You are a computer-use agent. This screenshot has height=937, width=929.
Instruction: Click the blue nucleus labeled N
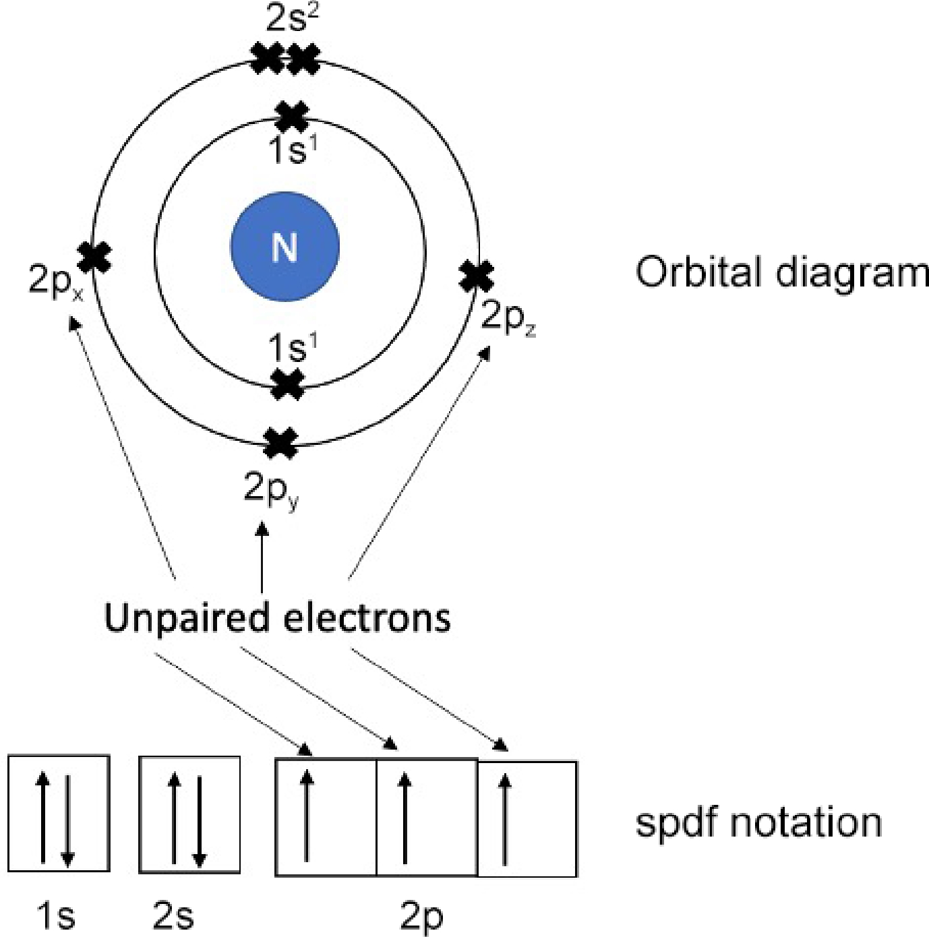pyautogui.click(x=284, y=247)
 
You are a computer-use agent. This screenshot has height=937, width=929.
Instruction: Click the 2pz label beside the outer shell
pyautogui.click(x=508, y=318)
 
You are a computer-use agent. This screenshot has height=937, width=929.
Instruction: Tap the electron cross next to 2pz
pyautogui.click(x=476, y=276)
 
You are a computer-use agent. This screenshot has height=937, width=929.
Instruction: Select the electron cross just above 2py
pyautogui.click(x=280, y=443)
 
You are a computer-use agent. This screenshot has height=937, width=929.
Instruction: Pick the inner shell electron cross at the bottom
pyautogui.click(x=287, y=384)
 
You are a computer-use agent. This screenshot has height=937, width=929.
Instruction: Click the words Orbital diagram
pyautogui.click(x=781, y=273)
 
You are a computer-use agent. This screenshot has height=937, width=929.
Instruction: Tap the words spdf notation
pyautogui.click(x=758, y=823)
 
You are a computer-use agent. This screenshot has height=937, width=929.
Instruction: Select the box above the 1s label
pyautogui.click(x=59, y=814)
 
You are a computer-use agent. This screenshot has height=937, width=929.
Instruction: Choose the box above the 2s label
pyautogui.click(x=189, y=814)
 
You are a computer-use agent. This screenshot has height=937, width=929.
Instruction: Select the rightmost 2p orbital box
pyautogui.click(x=527, y=819)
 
